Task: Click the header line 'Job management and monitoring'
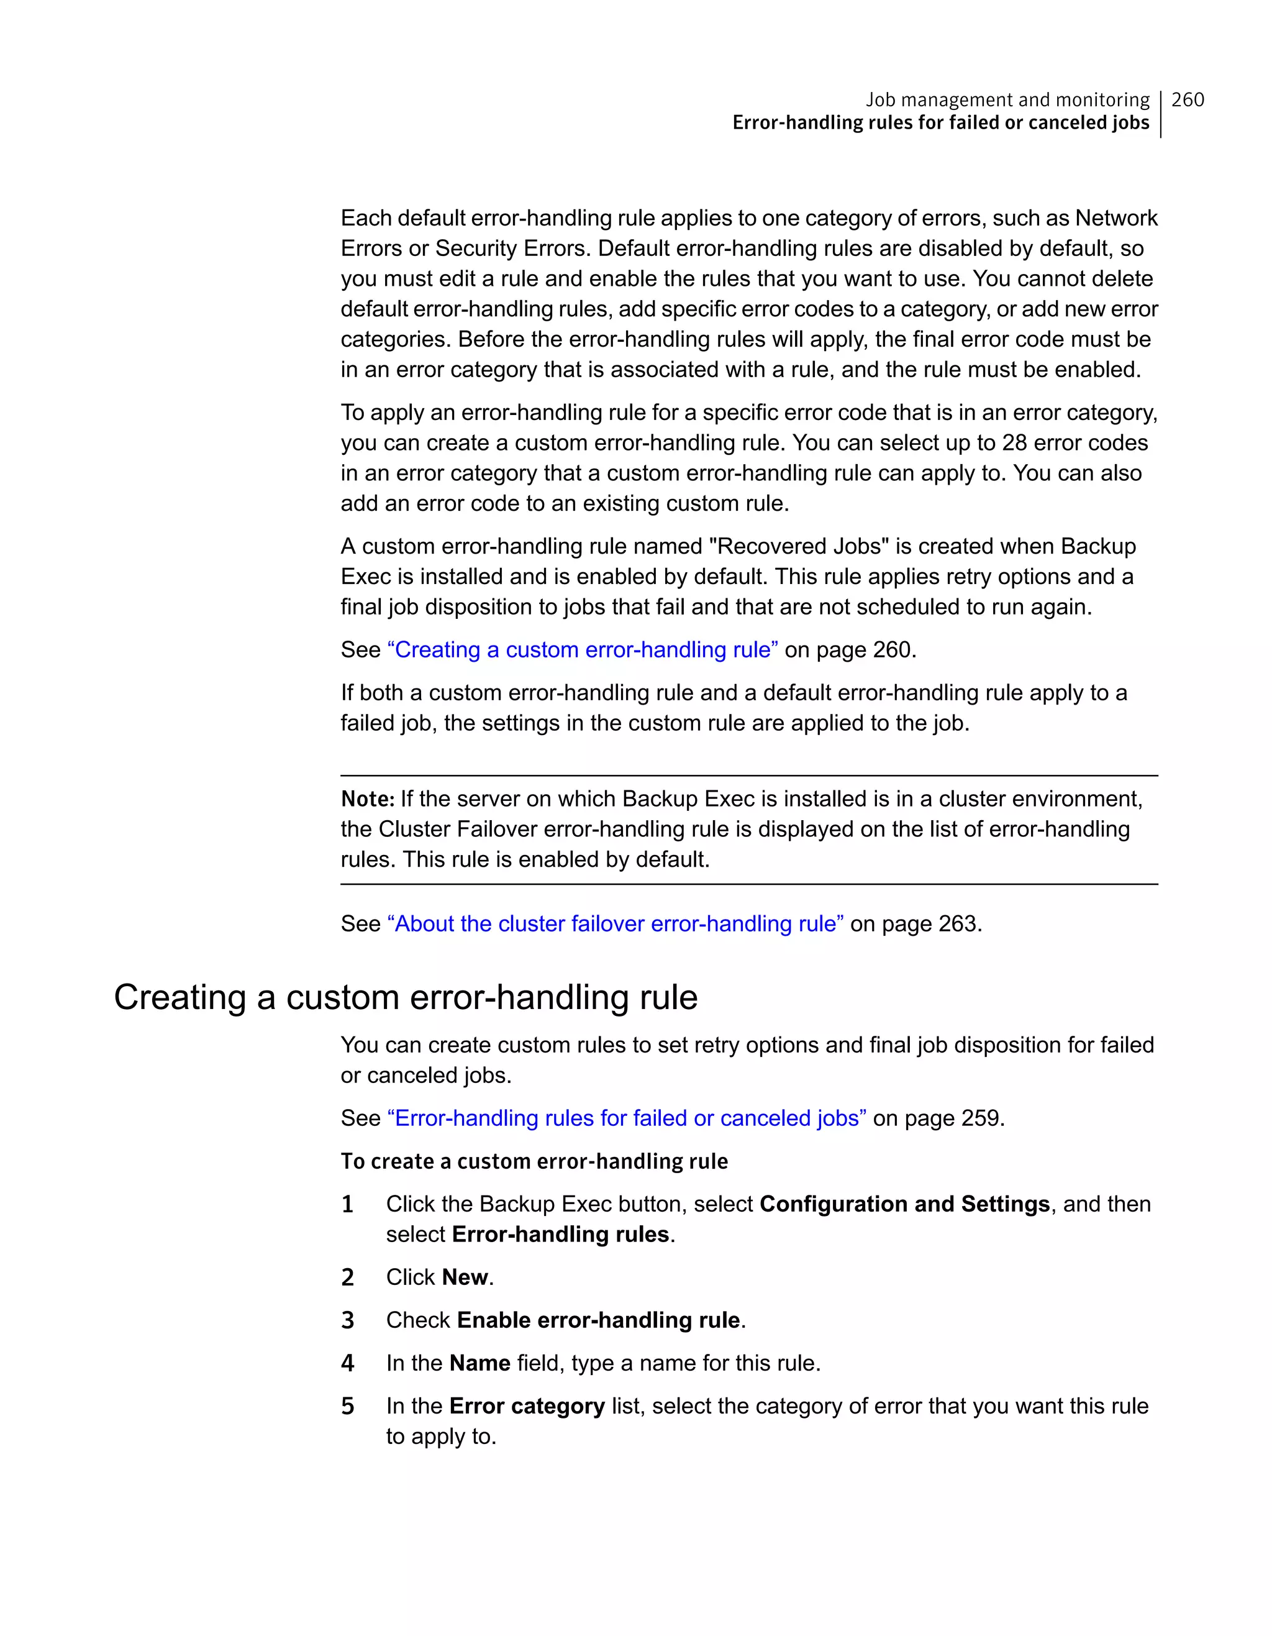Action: coord(1007,99)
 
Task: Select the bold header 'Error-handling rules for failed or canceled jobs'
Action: coord(940,123)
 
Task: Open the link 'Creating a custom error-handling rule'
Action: coord(583,649)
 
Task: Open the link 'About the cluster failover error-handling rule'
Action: coord(615,923)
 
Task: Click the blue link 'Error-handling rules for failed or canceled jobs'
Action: coord(627,1118)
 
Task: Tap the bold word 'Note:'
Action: coord(367,799)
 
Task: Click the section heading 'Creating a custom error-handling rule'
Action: coord(405,998)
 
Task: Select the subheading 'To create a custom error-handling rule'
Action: coord(534,1161)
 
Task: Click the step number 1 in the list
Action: coord(347,1205)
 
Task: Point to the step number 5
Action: coord(347,1406)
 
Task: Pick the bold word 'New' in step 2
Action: coord(465,1277)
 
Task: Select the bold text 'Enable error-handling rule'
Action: coord(598,1320)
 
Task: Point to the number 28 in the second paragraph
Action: coord(1014,443)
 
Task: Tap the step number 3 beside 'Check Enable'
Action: coord(347,1320)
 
